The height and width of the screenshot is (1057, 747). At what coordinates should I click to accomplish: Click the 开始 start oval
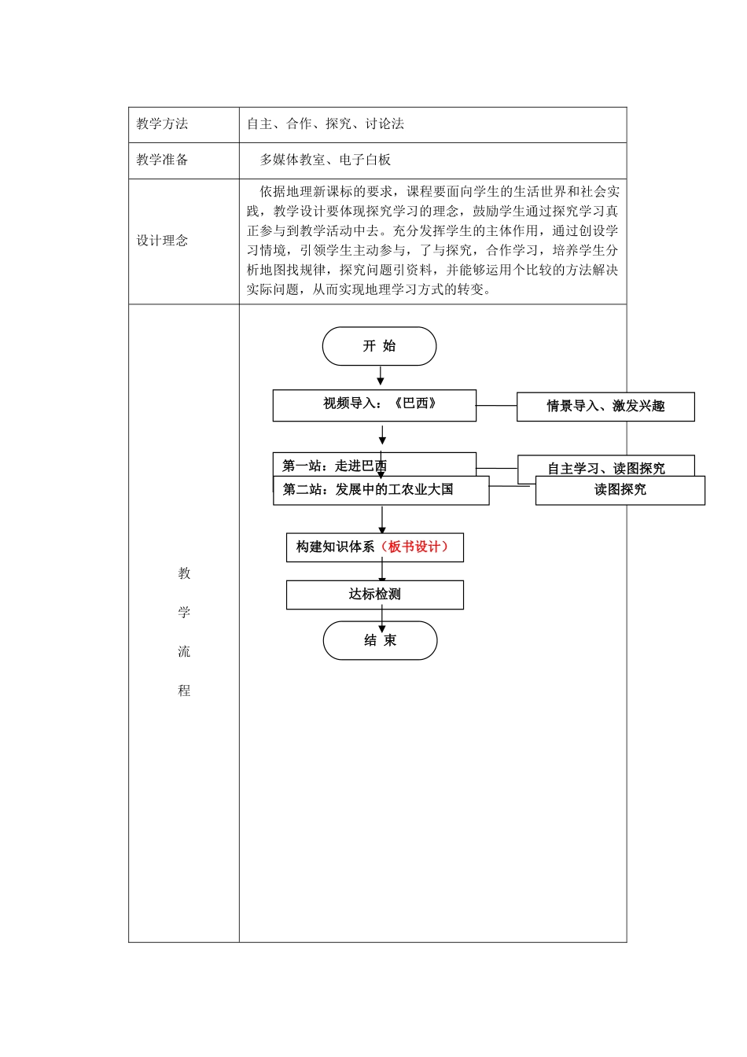coord(379,346)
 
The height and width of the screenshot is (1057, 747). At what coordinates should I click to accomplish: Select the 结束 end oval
coord(380,640)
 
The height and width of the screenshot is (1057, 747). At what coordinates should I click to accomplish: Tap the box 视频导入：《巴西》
coord(374,405)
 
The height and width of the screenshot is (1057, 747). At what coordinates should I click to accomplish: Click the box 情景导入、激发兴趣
coord(605,407)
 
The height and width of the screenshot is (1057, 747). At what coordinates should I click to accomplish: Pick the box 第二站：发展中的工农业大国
coord(381,490)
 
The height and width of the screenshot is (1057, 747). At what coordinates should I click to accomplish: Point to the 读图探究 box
coord(620,490)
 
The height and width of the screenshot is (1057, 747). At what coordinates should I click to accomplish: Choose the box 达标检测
coord(374,595)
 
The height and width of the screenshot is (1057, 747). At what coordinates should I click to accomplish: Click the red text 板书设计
coord(417,547)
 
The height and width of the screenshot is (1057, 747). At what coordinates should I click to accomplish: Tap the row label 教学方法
coord(162,124)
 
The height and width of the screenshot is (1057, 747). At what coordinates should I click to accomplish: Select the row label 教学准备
coord(162,160)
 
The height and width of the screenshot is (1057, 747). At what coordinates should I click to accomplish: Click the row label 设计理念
coord(162,241)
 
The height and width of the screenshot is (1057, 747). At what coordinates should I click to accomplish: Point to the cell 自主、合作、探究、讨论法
coord(326,124)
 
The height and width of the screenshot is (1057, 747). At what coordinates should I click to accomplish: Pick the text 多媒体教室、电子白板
coord(326,160)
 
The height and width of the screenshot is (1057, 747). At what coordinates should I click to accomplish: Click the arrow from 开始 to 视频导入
coord(381,377)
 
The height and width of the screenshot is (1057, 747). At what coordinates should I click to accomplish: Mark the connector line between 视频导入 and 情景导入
coord(496,406)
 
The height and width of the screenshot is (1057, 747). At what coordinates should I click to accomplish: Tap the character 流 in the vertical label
coord(184,652)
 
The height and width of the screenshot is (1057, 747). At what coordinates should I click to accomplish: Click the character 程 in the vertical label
coord(184,691)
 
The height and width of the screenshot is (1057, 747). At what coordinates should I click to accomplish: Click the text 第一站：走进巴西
coord(335,466)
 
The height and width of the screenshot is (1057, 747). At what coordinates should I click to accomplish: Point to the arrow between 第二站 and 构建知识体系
coord(382,519)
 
